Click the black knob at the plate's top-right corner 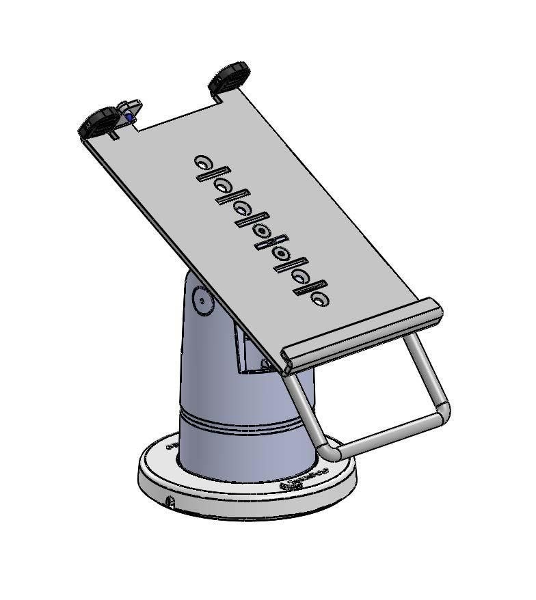click(x=230, y=77)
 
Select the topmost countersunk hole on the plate click(x=203, y=162)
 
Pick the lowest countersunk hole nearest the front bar click(x=319, y=298)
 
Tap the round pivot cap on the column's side click(x=202, y=300)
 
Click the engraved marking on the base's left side click(x=171, y=445)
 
